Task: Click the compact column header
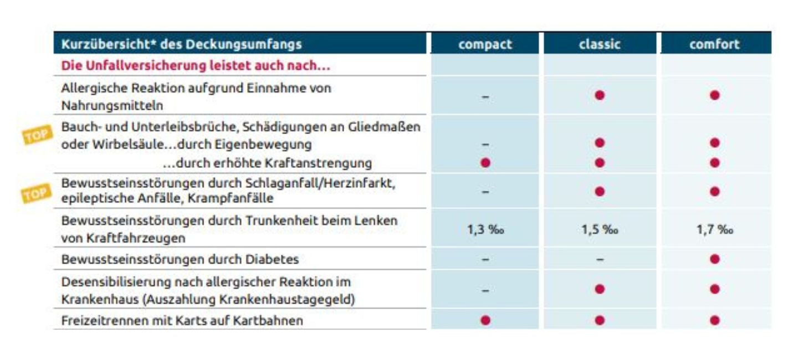click(485, 44)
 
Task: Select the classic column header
click(599, 44)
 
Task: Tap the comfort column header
click(714, 44)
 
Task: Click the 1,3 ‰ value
click(485, 229)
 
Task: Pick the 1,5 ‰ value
click(600, 229)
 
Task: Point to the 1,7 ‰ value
click(714, 229)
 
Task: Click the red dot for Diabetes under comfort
click(714, 259)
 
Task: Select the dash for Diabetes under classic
click(600, 260)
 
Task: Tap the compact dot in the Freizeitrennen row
click(485, 320)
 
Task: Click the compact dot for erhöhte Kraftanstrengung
click(485, 163)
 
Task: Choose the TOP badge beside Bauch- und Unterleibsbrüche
click(38, 134)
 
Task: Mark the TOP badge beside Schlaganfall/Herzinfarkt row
click(37, 193)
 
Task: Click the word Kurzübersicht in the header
click(95, 44)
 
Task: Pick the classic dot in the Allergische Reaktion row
click(600, 95)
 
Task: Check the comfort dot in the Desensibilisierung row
click(714, 289)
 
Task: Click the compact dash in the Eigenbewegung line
click(485, 143)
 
